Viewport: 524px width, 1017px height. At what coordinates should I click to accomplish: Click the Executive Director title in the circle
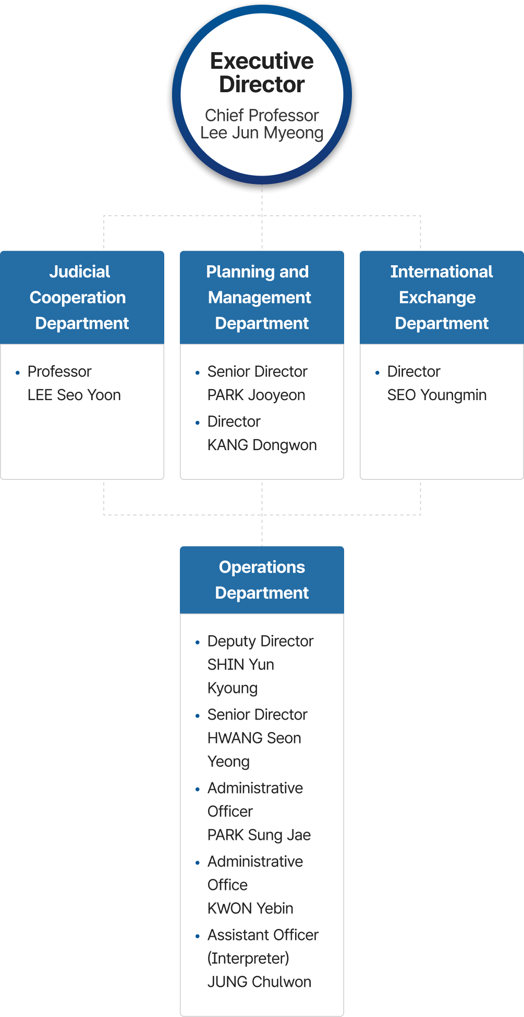262,72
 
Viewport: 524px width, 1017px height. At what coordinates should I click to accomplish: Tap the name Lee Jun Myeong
262,133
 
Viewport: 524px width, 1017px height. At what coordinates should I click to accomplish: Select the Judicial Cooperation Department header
82,297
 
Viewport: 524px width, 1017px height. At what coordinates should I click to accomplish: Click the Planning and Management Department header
262,297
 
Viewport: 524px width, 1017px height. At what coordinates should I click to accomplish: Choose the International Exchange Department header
442,297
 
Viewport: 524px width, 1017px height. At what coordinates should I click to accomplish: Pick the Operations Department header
262,580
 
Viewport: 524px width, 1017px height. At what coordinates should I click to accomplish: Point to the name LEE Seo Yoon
74,395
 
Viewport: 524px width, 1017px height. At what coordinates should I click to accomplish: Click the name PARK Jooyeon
256,395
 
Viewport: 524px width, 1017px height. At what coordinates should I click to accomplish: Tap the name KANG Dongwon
262,445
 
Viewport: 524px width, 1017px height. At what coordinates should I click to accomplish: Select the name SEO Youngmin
436,395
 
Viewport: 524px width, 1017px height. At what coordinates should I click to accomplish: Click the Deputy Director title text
260,641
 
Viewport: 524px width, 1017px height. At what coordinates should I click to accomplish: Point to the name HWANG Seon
254,738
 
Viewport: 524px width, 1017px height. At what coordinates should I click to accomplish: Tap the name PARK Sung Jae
259,835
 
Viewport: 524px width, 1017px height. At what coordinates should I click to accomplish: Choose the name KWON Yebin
250,908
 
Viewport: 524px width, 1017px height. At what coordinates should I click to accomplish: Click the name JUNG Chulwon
259,982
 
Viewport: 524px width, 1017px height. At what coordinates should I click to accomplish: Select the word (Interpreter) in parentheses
248,958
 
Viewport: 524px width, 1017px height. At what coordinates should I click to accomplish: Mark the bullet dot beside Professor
18,373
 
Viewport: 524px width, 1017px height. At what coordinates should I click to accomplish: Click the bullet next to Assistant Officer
198,936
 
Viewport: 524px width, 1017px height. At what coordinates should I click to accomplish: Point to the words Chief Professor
262,115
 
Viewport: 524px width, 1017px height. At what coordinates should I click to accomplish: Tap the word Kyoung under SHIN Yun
233,688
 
